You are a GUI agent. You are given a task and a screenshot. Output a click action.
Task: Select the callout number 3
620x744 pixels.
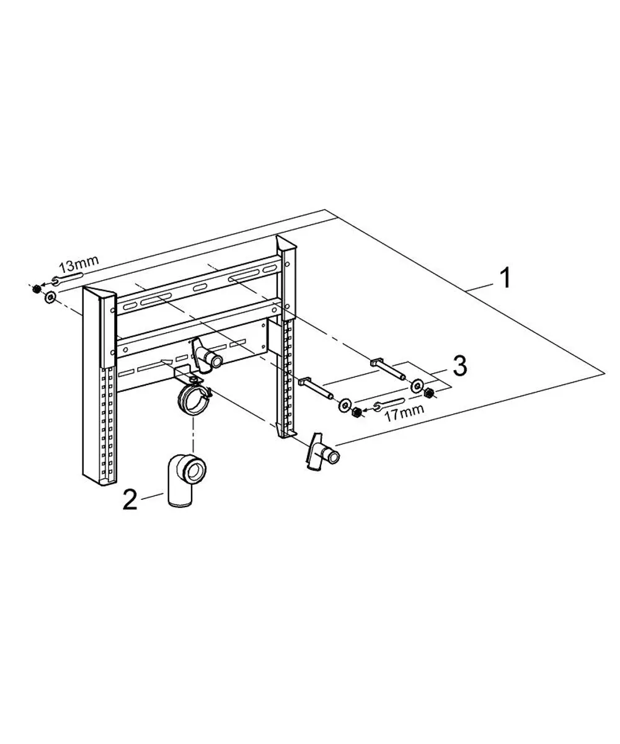(x=459, y=366)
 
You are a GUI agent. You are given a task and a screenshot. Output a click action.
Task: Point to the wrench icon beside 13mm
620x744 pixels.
(x=68, y=278)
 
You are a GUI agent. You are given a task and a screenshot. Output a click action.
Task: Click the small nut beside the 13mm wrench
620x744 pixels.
(x=35, y=290)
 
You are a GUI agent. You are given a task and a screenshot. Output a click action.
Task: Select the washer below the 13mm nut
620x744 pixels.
(x=49, y=297)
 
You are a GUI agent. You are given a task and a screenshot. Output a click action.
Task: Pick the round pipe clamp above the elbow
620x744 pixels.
(x=194, y=399)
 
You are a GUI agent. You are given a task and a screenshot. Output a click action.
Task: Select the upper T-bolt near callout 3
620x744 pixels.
(x=387, y=369)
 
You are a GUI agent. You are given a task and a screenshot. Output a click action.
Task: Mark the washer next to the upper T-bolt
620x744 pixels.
(x=416, y=386)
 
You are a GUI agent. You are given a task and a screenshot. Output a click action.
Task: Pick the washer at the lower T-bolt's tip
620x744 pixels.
(x=344, y=405)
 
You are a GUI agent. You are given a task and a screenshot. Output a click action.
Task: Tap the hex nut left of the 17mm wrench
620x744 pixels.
(x=356, y=413)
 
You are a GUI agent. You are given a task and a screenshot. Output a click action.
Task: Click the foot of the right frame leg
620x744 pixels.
(x=286, y=433)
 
